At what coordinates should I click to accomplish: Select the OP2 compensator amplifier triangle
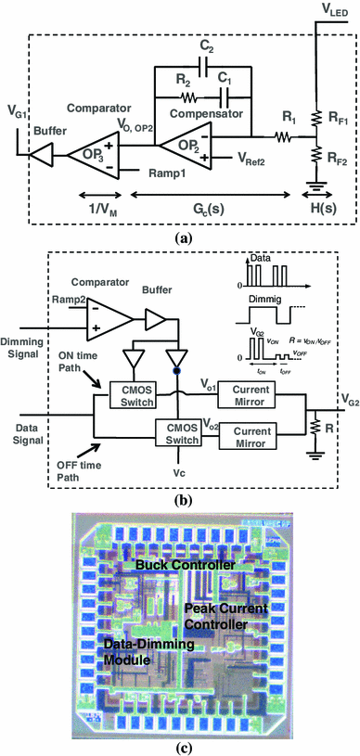pyautogui.click(x=182, y=142)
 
